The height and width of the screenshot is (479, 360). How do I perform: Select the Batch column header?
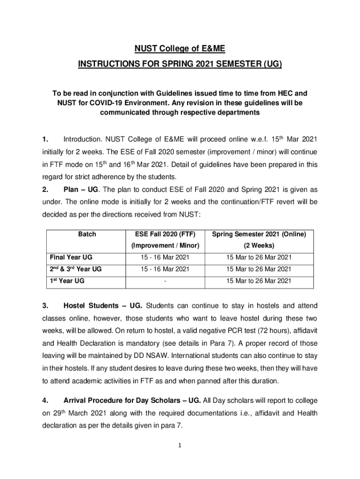coord(86,234)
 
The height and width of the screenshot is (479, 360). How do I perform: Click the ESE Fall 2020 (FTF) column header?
coord(165,234)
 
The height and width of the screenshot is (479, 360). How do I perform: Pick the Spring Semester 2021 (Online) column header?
coord(259,234)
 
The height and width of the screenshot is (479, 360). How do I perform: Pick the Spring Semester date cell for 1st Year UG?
coord(259,281)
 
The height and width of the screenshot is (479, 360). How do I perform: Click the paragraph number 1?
coord(45,139)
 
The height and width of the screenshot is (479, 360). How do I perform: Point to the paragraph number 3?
coord(45,306)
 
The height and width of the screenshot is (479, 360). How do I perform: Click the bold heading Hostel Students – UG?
coord(102,306)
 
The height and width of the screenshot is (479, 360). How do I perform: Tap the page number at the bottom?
coord(180,444)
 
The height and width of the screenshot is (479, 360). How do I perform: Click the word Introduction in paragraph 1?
coord(82,139)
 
